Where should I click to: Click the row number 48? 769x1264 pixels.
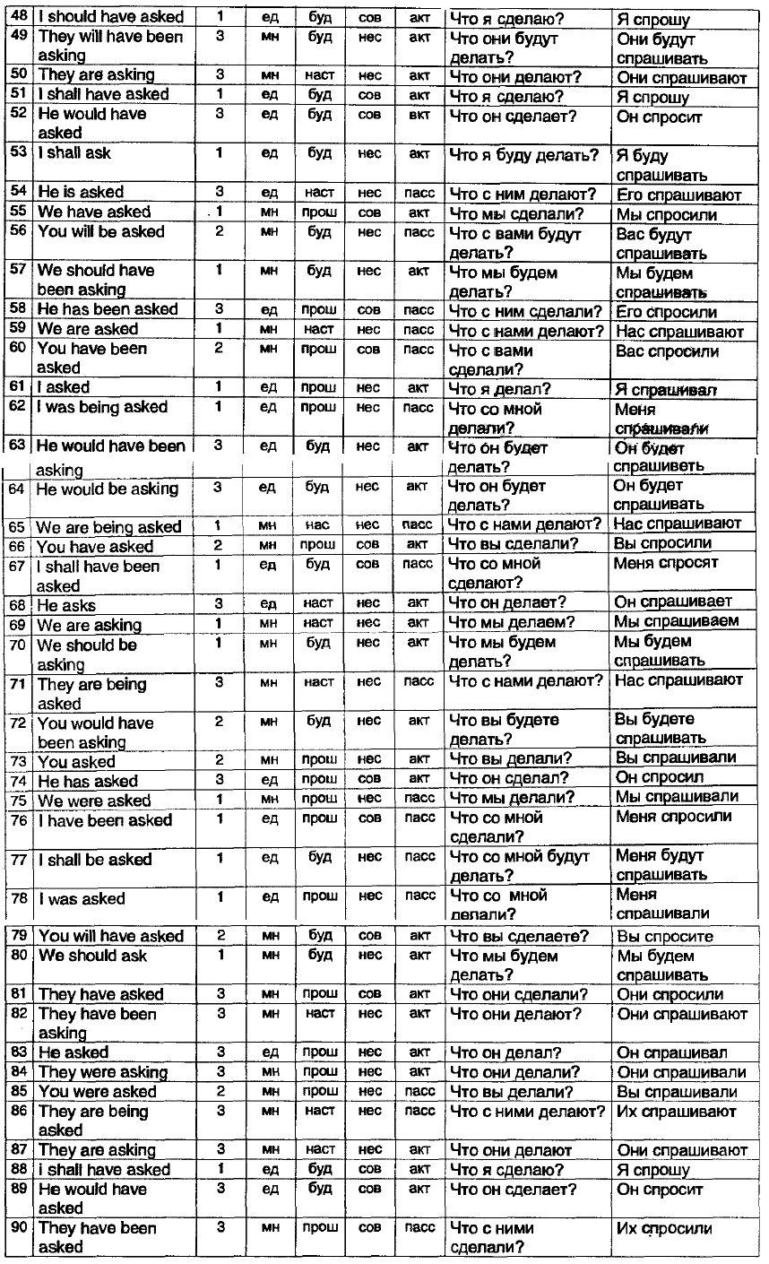(20, 17)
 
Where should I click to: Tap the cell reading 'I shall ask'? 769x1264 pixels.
(75, 153)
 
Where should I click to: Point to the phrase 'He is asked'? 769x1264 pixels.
(81, 193)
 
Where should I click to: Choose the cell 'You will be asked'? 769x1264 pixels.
(101, 232)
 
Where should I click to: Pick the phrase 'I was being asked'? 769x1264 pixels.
(102, 407)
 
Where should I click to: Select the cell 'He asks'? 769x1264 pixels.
(66, 606)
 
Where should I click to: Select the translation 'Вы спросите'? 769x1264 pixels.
(665, 937)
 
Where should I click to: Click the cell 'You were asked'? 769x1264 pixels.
(97, 1092)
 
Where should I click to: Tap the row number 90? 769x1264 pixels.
(20, 1227)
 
